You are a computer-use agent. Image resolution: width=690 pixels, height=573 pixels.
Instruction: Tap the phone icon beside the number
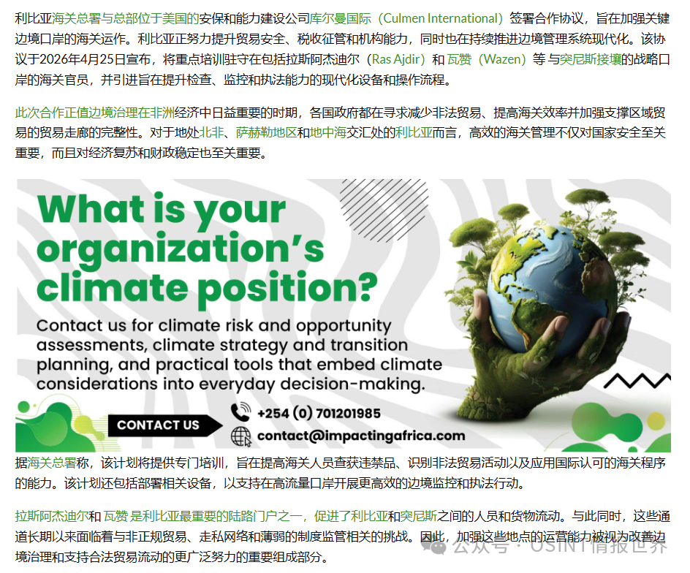coord(240,412)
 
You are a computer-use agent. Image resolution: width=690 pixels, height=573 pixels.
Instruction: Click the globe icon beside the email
coord(241,436)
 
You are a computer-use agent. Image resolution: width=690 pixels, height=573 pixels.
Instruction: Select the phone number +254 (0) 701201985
coord(319,413)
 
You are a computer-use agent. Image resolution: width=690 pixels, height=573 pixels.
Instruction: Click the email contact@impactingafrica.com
coord(361,436)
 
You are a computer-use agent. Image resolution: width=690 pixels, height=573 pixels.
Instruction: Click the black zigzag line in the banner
coord(637,381)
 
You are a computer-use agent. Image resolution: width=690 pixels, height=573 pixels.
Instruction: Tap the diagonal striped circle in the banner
coord(384,210)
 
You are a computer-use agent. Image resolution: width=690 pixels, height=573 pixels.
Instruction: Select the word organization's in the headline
coord(181,250)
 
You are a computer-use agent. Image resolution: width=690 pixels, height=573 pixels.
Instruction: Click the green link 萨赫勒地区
coord(267,132)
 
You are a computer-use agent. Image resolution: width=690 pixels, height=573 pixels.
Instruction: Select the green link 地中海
coord(328,132)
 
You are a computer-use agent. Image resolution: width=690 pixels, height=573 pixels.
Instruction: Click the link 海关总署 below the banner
coord(52,463)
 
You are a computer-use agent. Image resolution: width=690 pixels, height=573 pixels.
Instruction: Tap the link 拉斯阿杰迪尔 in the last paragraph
coord(52,516)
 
